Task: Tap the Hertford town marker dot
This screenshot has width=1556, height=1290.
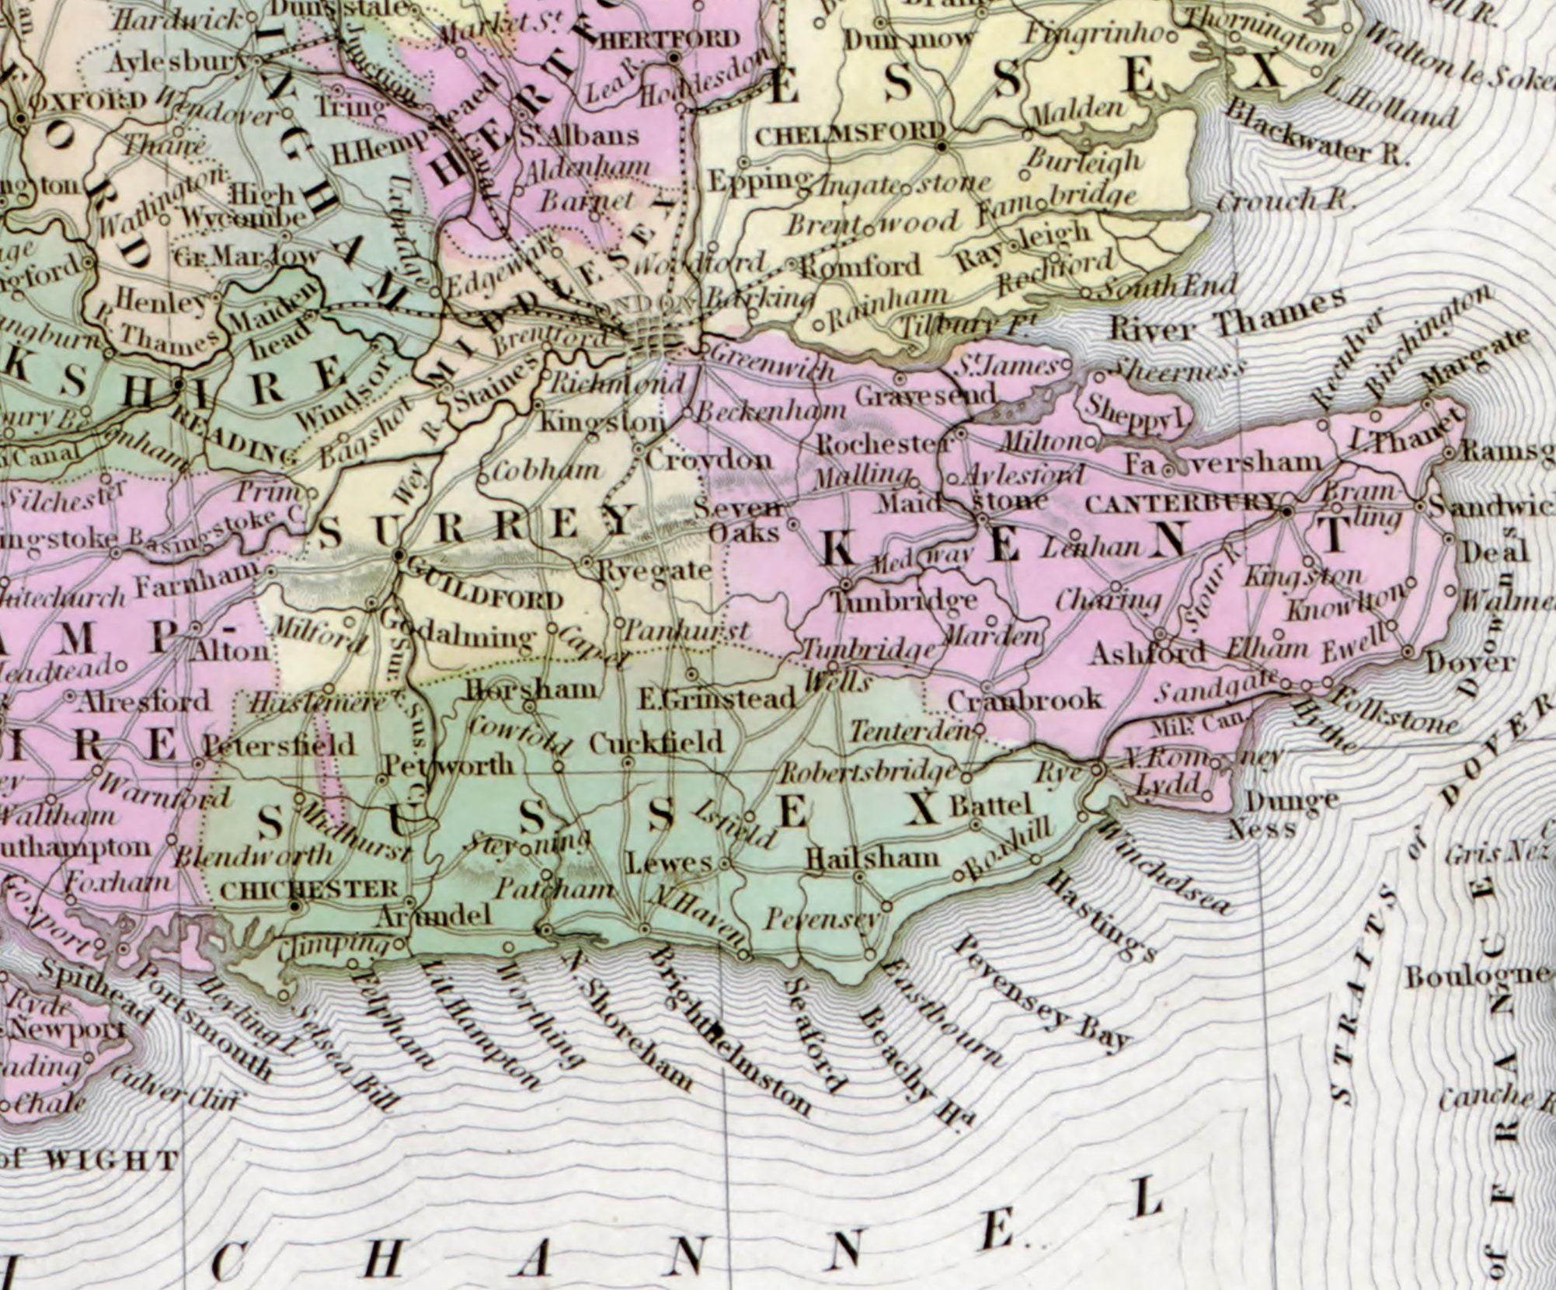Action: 674,57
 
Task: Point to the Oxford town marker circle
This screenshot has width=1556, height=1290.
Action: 22,119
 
